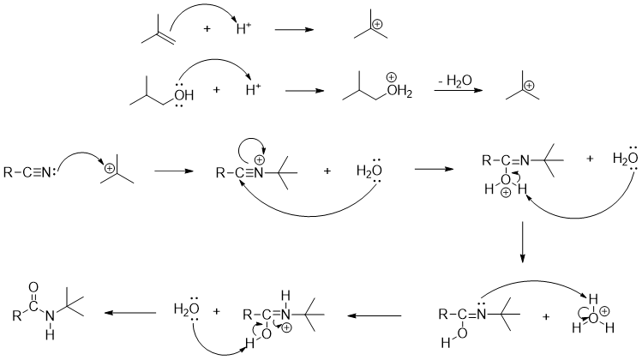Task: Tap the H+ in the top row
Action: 244,30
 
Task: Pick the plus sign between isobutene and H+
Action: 207,30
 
